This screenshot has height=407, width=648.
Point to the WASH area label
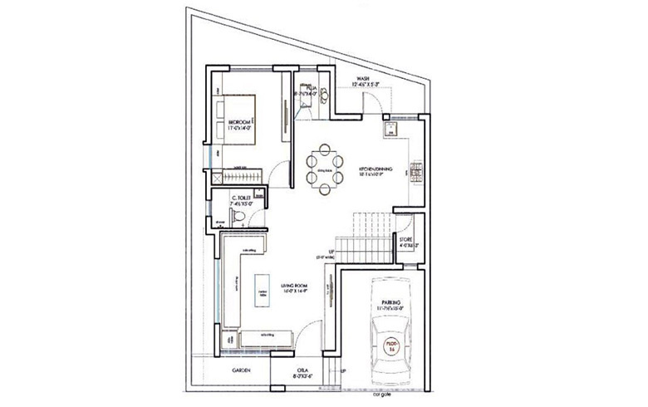362,81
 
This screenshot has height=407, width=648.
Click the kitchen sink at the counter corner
387,130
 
